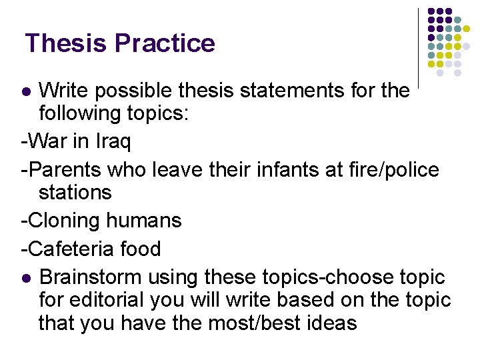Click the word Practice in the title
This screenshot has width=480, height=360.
pos(165,43)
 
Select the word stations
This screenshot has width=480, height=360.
pos(75,193)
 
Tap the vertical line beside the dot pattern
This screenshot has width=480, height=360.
pos(418,47)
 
